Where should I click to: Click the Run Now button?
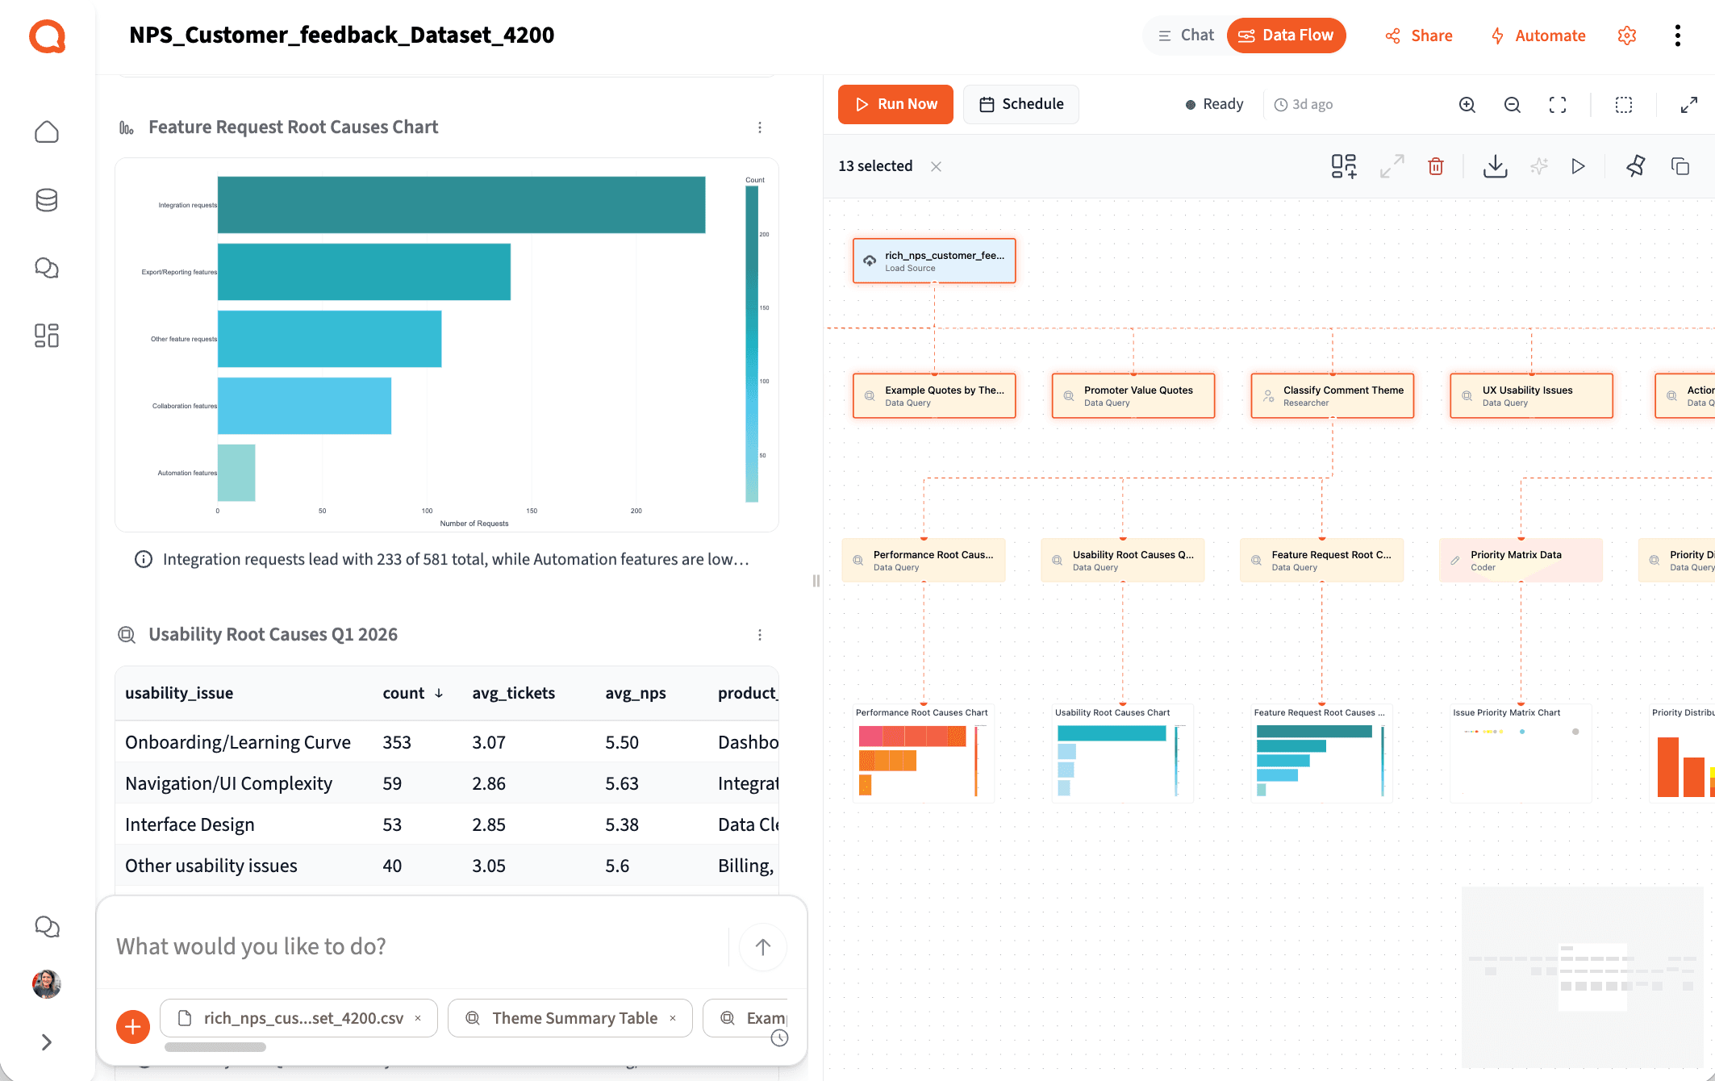point(895,104)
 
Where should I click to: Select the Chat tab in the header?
point(1186,35)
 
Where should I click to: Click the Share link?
point(1419,35)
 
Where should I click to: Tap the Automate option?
point(1538,35)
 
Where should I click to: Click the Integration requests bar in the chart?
point(461,205)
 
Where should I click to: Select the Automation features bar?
point(236,473)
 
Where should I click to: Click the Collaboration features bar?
point(304,406)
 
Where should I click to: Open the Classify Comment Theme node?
point(1332,395)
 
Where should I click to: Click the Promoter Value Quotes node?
point(1133,395)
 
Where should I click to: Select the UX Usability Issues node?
point(1531,395)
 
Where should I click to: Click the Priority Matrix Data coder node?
point(1521,560)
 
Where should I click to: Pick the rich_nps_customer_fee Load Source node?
point(934,261)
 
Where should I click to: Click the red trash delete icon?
point(1436,166)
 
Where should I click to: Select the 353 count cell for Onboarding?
point(397,742)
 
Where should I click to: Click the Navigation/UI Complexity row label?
point(228,783)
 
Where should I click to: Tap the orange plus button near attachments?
point(133,1026)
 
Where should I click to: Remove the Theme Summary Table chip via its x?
point(673,1018)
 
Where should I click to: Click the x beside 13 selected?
point(936,166)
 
